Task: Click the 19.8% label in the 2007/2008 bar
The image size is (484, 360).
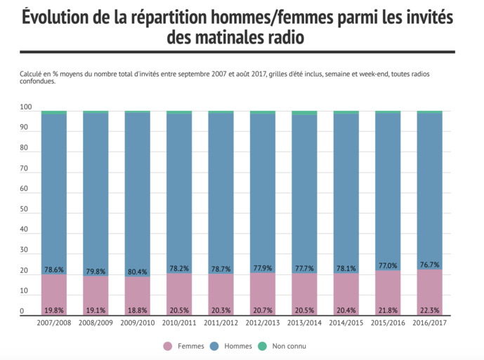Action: pyautogui.click(x=54, y=310)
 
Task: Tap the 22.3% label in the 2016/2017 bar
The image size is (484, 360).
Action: pyautogui.click(x=429, y=310)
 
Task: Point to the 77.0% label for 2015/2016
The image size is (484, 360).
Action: pyautogui.click(x=388, y=266)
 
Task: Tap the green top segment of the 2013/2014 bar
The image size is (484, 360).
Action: pyautogui.click(x=304, y=112)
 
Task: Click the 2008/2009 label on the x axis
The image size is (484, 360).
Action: pyautogui.click(x=96, y=322)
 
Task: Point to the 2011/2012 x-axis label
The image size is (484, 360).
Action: pyautogui.click(x=221, y=322)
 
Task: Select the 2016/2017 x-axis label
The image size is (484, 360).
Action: pyautogui.click(x=429, y=322)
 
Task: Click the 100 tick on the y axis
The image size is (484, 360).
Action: pyautogui.click(x=26, y=108)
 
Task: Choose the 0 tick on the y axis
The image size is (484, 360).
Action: pyautogui.click(x=22, y=312)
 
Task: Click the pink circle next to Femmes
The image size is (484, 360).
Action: pyautogui.click(x=167, y=346)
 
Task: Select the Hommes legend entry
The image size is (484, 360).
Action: pyautogui.click(x=237, y=346)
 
